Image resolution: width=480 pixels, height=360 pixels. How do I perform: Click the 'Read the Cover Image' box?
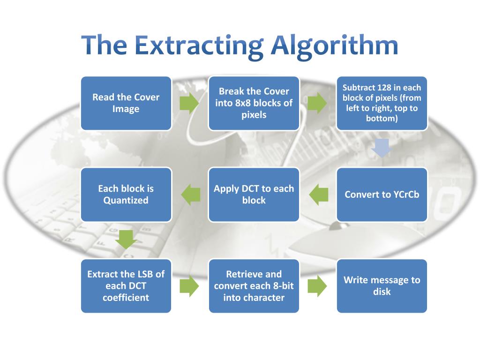click(x=126, y=103)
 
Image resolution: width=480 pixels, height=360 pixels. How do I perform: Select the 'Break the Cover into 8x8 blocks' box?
click(x=254, y=103)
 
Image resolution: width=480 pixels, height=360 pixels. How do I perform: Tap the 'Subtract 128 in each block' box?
click(x=382, y=103)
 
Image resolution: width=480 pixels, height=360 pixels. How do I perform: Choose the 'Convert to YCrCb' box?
click(x=382, y=195)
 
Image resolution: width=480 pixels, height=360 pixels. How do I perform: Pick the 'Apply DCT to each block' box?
click(x=254, y=195)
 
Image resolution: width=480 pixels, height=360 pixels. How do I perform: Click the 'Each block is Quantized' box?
click(x=126, y=195)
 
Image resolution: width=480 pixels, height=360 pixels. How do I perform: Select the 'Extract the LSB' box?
click(x=126, y=286)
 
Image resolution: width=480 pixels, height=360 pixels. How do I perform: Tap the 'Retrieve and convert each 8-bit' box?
click(x=254, y=286)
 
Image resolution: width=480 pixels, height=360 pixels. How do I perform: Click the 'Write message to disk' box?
click(x=382, y=286)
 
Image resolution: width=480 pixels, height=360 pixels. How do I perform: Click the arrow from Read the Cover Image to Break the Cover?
click(x=189, y=103)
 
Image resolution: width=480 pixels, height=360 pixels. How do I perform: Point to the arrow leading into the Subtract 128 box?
click(x=317, y=103)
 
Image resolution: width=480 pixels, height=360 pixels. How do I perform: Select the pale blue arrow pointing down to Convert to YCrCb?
click(x=381, y=148)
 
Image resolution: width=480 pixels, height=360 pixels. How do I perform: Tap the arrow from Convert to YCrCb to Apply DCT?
click(x=318, y=195)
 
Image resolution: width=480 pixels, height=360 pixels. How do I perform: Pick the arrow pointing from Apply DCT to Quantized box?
click(x=190, y=195)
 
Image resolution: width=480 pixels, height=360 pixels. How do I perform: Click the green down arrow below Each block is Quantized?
click(x=126, y=239)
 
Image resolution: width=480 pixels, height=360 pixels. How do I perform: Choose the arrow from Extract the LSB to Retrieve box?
click(x=189, y=286)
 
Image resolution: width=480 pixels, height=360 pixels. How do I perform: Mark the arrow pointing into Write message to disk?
click(x=317, y=286)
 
